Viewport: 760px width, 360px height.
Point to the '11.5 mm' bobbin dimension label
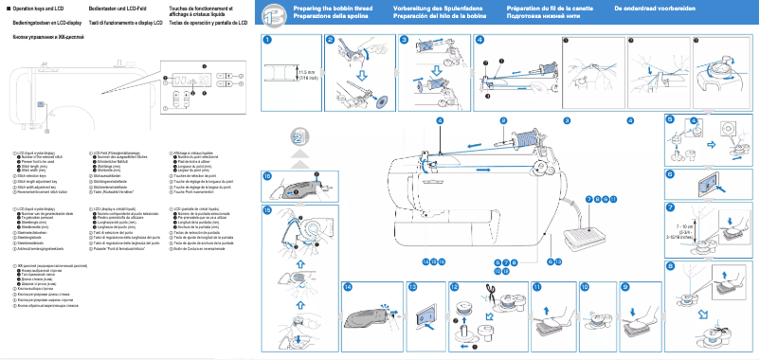point(305,71)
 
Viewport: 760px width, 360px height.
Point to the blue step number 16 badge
point(267,176)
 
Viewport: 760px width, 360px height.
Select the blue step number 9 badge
point(624,285)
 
